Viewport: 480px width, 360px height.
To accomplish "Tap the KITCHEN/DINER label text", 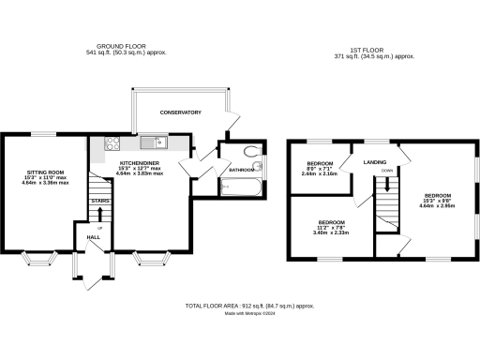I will [x=138, y=161].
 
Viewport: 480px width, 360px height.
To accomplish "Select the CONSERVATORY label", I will [x=180, y=112].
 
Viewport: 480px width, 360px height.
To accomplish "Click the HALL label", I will [x=94, y=237].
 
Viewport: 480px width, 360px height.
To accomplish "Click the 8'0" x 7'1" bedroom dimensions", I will [x=317, y=170].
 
